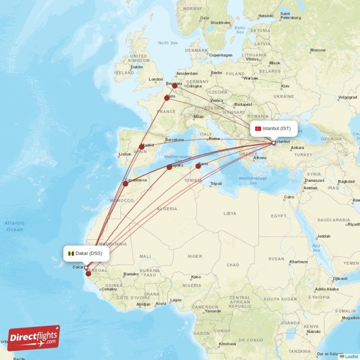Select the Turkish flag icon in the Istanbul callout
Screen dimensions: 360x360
pyautogui.click(x=258, y=129)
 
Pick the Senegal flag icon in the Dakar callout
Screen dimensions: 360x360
pyautogui.click(x=71, y=253)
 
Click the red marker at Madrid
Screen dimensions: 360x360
pyautogui.click(x=142, y=147)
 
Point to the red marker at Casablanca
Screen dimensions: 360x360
pyautogui.click(x=126, y=184)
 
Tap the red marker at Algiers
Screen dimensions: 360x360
pyautogui.click(x=169, y=167)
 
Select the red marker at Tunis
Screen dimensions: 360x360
pyautogui.click(x=198, y=166)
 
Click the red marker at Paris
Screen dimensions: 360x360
pyautogui.click(x=167, y=98)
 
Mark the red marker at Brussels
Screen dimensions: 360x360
pyautogui.click(x=175, y=85)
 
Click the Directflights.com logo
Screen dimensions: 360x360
pyautogui.click(x=34, y=338)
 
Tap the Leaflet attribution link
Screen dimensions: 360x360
pyautogui.click(x=351, y=356)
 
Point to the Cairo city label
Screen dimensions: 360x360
pyautogui.click(x=289, y=197)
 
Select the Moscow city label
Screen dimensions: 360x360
pyautogui.click(x=318, y=50)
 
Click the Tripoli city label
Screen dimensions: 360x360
pyautogui.click(x=216, y=184)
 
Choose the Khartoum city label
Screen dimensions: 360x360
pyautogui.click(x=298, y=261)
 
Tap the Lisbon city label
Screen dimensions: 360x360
pyautogui.click(x=125, y=154)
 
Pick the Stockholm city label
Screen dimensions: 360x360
pyautogui.click(x=220, y=22)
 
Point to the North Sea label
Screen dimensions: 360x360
pyautogui.click(x=167, y=43)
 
